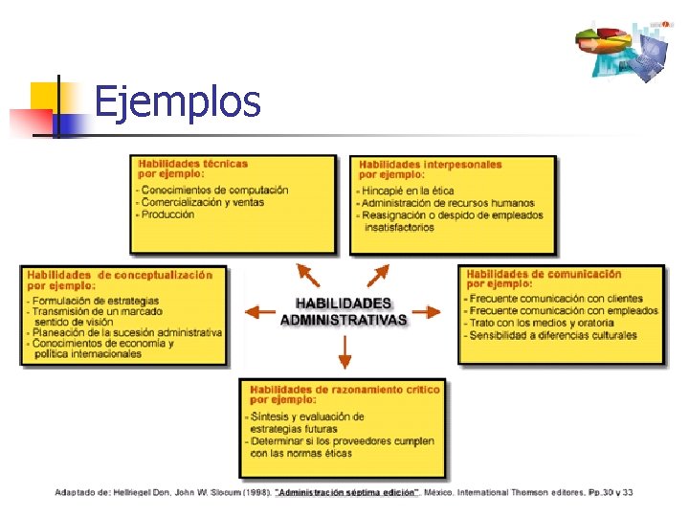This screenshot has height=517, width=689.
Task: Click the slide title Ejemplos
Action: (x=177, y=101)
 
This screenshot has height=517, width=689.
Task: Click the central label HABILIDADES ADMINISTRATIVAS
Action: (x=343, y=312)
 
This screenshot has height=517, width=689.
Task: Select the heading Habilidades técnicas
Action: (x=193, y=164)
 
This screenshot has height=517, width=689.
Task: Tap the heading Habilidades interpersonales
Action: (x=431, y=164)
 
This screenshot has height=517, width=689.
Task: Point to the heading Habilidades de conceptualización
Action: (x=121, y=275)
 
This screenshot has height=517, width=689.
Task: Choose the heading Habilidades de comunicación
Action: (x=545, y=274)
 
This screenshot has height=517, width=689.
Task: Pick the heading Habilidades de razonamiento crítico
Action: (x=344, y=390)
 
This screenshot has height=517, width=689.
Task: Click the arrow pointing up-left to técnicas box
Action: (x=308, y=274)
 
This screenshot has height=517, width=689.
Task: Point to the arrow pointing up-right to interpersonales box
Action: (x=378, y=274)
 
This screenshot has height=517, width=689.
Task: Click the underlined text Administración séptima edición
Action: (x=346, y=492)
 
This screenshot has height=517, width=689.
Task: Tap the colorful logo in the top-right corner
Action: (x=622, y=48)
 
